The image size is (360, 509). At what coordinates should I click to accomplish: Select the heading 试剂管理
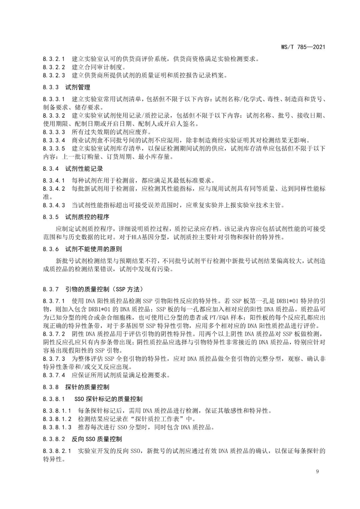pyautogui.click(x=78, y=87)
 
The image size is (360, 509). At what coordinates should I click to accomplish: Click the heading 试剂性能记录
pyautogui.click(x=84, y=169)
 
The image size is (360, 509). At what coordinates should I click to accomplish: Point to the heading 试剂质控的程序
pyautogui.click(x=87, y=217)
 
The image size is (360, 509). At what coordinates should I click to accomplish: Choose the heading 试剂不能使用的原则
pyautogui.click(x=93, y=249)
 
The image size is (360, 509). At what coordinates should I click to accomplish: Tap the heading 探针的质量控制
pyautogui.click(x=87, y=387)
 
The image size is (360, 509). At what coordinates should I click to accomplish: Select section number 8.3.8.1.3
pyautogui.click(x=57, y=427)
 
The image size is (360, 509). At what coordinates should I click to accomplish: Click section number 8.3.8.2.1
pyautogui.click(x=57, y=451)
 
